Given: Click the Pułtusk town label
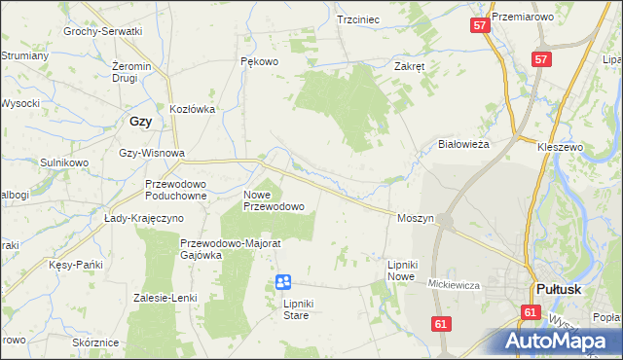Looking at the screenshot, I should click(560, 289).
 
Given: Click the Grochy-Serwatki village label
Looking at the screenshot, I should click(103, 31).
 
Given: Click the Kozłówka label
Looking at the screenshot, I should click(192, 110).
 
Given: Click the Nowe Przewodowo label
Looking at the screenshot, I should click(274, 200).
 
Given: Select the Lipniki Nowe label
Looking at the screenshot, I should click(401, 270).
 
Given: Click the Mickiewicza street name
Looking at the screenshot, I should click(457, 283).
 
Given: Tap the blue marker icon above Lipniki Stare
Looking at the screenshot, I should click(283, 282).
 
